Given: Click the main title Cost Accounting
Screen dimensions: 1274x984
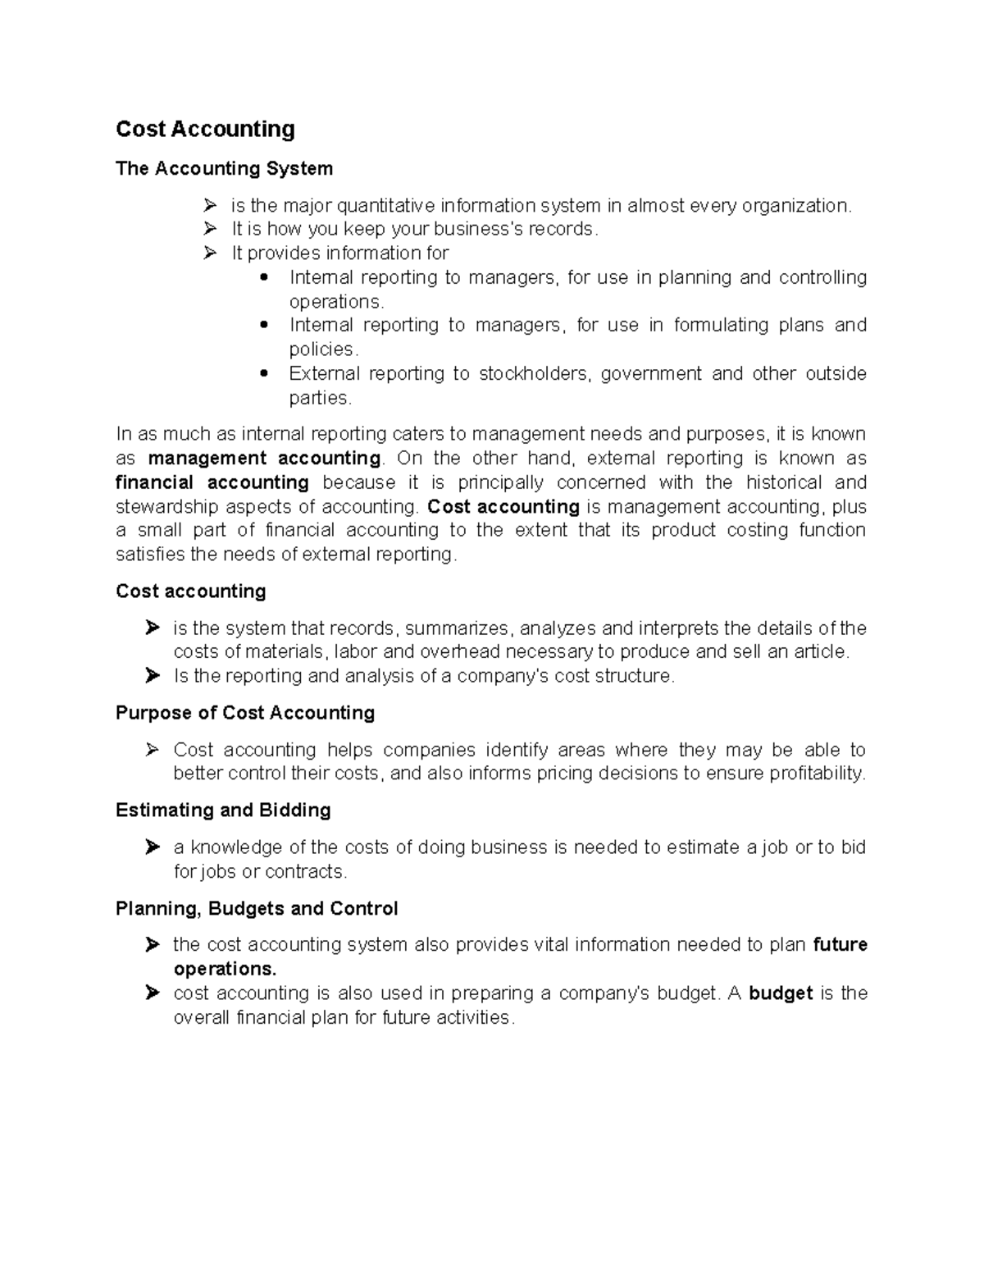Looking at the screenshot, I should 205,130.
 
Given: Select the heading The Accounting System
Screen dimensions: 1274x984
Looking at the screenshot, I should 224,169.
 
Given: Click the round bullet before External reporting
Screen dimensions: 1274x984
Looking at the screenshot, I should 263,374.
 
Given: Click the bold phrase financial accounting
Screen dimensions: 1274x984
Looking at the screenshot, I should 212,482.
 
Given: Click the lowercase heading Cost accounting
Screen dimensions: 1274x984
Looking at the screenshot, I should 190,591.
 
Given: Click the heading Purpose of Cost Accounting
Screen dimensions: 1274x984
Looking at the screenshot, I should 245,713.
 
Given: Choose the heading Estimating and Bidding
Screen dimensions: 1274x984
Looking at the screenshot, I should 223,811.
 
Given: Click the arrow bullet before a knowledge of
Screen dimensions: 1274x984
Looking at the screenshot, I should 152,847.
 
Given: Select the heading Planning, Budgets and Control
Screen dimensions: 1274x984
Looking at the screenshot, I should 257,909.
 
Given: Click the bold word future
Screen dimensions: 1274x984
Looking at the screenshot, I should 840,945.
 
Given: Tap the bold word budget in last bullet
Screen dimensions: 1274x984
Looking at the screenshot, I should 781,993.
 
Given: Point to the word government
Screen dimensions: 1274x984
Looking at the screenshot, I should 651,374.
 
